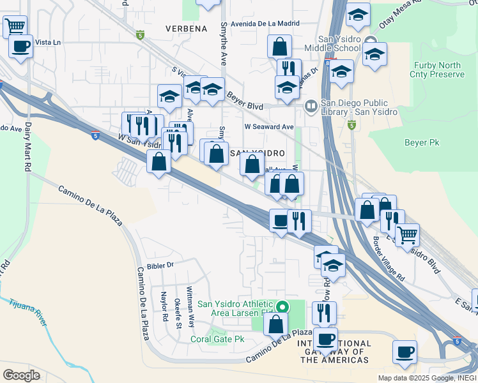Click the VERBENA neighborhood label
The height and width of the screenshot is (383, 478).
[x=186, y=29]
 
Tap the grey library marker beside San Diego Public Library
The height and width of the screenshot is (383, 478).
[x=311, y=105]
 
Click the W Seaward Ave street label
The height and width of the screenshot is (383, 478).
[x=268, y=127]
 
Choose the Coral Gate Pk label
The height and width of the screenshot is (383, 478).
[x=217, y=339]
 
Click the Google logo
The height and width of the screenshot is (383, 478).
[x=21, y=375]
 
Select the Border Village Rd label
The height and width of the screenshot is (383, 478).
[x=389, y=260]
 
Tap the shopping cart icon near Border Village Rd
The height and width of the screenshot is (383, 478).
[x=407, y=234]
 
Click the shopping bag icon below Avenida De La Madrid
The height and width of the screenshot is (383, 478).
[x=280, y=47]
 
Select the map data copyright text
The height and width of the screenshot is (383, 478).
[x=426, y=378]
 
